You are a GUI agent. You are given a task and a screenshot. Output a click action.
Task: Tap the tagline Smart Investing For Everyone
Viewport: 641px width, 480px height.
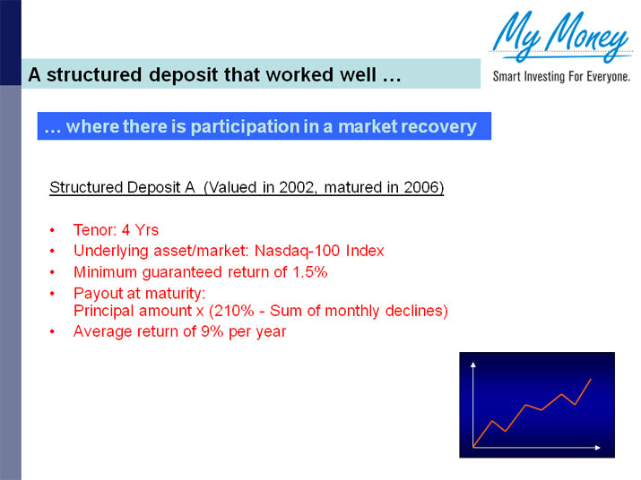pyautogui.click(x=561, y=77)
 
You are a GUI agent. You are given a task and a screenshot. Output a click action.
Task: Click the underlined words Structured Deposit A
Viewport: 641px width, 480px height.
pyautogui.click(x=122, y=188)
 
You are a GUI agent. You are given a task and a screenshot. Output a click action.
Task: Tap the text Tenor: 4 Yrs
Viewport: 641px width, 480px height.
pyautogui.click(x=116, y=229)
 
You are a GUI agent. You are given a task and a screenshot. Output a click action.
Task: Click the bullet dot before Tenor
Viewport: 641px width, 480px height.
pyautogui.click(x=54, y=230)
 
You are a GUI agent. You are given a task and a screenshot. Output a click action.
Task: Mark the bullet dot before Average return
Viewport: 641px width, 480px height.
pyautogui.click(x=54, y=332)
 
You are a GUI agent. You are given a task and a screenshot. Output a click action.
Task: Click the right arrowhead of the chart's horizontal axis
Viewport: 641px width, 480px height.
pyautogui.click(x=597, y=446)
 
